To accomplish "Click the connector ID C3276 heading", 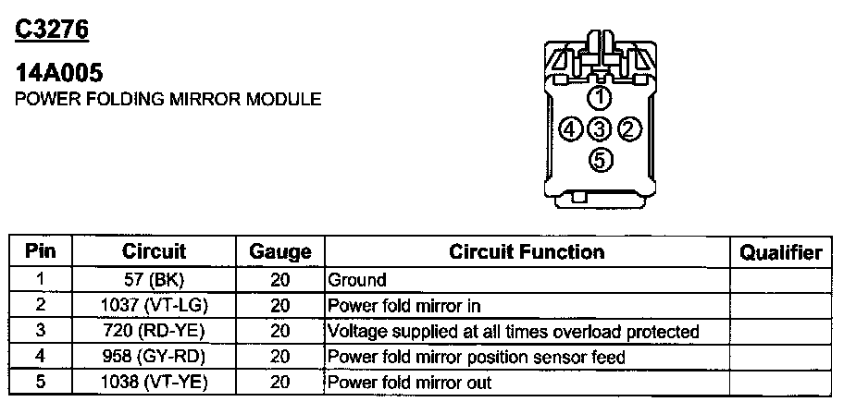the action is pyautogui.click(x=52, y=30).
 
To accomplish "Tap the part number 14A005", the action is pyautogui.click(x=58, y=74).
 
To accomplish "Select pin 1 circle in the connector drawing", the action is pyautogui.click(x=601, y=97).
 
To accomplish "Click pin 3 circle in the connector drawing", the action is pyautogui.click(x=601, y=128).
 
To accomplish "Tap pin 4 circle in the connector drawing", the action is pyautogui.click(x=571, y=128).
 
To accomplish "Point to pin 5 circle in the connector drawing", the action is pyautogui.click(x=601, y=160).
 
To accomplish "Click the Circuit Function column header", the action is pyautogui.click(x=526, y=251).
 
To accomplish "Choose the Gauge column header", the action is pyautogui.click(x=280, y=252).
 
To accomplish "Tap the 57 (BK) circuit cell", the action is pyautogui.click(x=154, y=279).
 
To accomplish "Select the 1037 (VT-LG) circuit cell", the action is pyautogui.click(x=154, y=305).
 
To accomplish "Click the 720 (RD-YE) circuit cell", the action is pyautogui.click(x=154, y=331).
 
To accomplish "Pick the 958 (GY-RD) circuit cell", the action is pyautogui.click(x=154, y=357).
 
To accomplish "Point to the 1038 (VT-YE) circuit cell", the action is pyautogui.click(x=154, y=382).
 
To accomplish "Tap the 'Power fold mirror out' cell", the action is pyautogui.click(x=410, y=382).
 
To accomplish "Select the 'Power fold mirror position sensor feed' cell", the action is pyautogui.click(x=477, y=357).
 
